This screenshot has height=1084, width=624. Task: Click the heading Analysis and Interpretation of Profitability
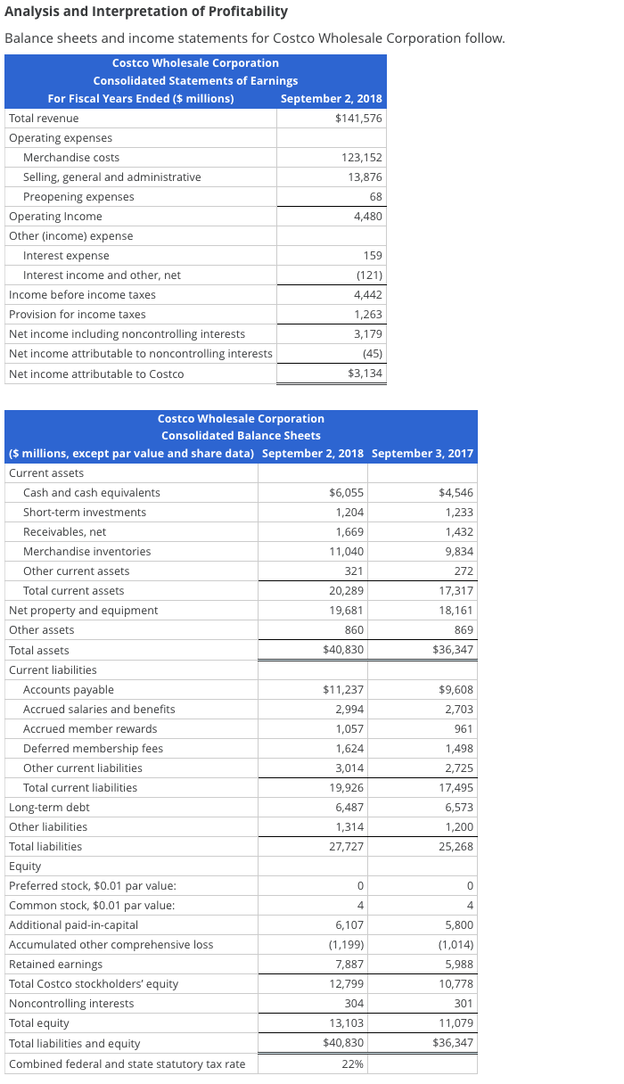[146, 12]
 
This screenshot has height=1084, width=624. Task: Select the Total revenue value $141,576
[358, 119]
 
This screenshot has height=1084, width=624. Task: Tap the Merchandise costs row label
[71, 158]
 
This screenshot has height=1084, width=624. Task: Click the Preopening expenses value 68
[374, 197]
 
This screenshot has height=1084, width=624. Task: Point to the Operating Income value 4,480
[367, 217]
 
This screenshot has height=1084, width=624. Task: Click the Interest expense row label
[66, 256]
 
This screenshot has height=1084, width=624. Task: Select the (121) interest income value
[368, 275]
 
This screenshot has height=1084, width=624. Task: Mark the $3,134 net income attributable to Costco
[365, 374]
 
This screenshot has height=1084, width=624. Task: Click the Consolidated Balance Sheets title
[241, 435]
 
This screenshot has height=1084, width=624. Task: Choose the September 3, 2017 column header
[422, 454]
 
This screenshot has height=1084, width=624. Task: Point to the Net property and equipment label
[83, 611]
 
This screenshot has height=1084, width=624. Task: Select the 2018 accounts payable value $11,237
[342, 690]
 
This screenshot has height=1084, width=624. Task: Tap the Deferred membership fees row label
[93, 749]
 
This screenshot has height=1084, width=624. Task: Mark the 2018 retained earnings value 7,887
[349, 965]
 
